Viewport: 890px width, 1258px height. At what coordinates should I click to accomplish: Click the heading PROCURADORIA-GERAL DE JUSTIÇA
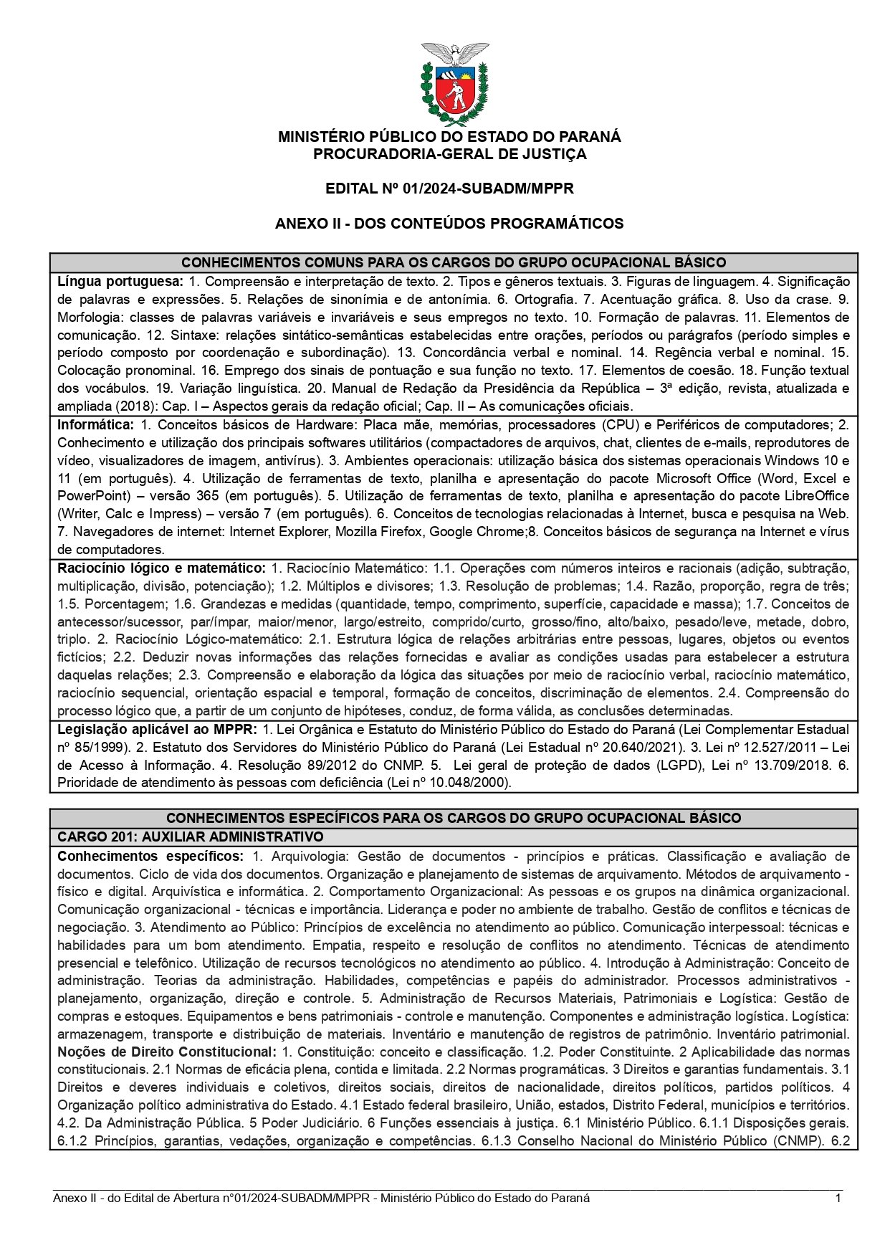click(449, 154)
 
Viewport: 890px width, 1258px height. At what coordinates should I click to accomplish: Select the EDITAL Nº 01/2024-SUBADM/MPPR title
click(449, 189)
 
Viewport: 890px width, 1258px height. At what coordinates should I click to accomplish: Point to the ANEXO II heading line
click(449, 224)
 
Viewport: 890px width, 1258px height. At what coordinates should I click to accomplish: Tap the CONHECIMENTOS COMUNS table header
click(454, 262)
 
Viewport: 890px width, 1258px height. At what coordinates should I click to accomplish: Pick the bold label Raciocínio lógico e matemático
click(161, 568)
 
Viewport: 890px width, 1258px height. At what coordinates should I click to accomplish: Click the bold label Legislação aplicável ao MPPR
click(157, 730)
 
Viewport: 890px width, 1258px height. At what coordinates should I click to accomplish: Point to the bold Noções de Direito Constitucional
click(166, 1052)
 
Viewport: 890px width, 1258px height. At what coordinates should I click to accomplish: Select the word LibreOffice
click(815, 496)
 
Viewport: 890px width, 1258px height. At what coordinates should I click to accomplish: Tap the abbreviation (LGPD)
click(676, 766)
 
